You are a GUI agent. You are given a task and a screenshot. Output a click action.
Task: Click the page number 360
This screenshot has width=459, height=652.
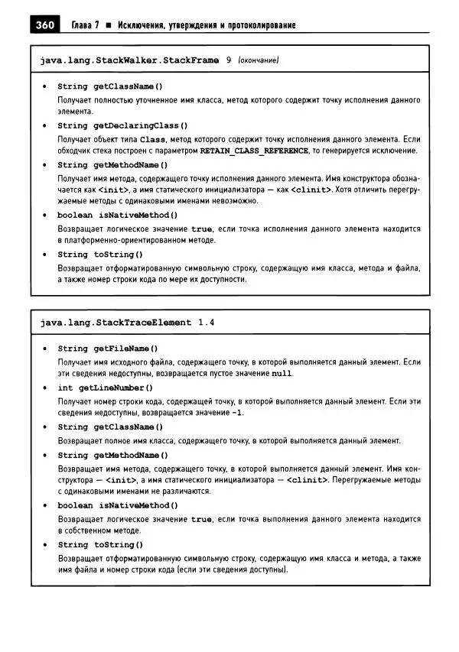pyautogui.click(x=44, y=26)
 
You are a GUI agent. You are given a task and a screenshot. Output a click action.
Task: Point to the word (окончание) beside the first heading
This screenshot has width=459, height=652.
pyautogui.click(x=258, y=60)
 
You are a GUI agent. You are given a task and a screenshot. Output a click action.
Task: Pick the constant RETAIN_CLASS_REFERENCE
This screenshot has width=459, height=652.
pyautogui.click(x=253, y=151)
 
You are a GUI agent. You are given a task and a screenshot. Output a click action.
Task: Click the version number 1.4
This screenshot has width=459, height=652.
pyautogui.click(x=206, y=323)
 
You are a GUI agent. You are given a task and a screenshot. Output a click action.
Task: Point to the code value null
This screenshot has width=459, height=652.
pyautogui.click(x=282, y=374)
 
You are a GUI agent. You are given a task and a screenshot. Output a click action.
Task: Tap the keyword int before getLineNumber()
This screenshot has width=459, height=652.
pyautogui.click(x=65, y=388)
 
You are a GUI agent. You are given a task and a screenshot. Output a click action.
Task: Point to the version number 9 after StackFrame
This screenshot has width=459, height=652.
pyautogui.click(x=229, y=60)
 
